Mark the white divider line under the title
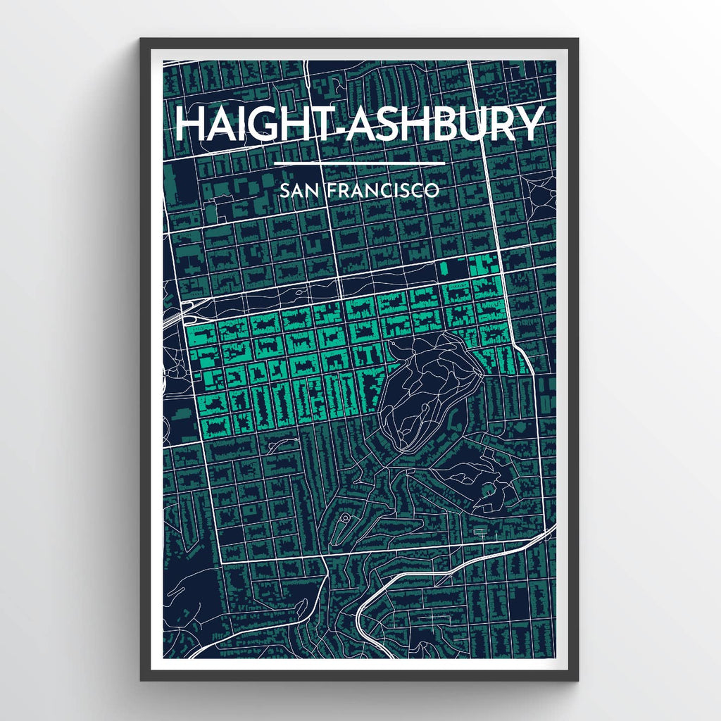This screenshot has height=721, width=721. pos(359,164)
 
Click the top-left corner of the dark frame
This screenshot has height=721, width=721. pos(142,39)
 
